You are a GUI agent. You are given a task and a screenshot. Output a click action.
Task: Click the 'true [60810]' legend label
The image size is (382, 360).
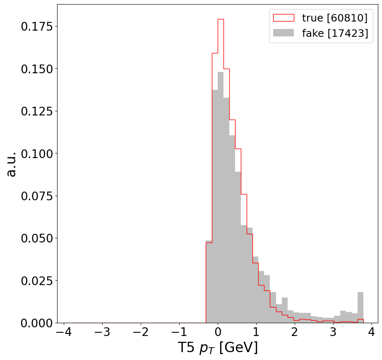[x=334, y=18]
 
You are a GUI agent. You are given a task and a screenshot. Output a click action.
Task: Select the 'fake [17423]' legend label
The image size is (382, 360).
[x=335, y=34]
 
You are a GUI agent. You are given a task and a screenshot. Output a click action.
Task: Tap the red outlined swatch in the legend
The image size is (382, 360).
[x=283, y=18]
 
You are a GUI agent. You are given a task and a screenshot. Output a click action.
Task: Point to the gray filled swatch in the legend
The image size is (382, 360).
[x=283, y=33]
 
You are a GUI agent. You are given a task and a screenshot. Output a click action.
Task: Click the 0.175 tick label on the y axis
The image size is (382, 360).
[x=37, y=26]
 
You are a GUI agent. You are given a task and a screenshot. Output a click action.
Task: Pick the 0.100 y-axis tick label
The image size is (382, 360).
[x=37, y=154]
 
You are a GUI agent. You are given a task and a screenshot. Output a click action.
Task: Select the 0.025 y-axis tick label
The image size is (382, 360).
[x=37, y=281]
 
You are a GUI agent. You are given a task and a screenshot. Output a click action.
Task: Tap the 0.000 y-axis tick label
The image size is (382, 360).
[x=37, y=323]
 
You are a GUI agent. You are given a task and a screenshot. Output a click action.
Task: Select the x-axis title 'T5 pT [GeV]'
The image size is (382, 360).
[x=218, y=348]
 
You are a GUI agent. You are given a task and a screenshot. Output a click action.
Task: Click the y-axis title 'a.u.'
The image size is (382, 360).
[x=11, y=164]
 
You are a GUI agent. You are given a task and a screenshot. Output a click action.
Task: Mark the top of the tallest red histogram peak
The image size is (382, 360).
[x=221, y=19]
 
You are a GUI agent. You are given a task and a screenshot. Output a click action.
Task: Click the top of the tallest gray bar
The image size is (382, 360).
[x=221, y=72]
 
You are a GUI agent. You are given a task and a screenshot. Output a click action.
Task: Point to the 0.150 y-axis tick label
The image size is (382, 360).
[x=37, y=69]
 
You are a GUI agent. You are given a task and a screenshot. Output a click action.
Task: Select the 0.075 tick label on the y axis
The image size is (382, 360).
[x=37, y=196]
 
